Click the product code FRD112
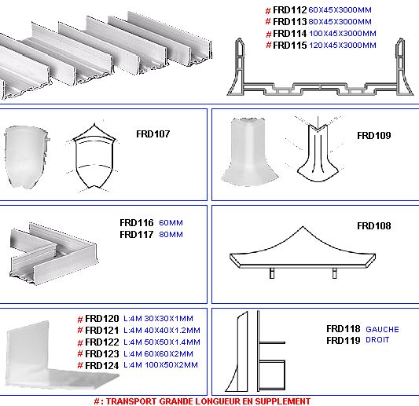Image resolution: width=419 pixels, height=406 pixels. [289, 10]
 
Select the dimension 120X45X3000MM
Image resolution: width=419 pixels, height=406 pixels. [343, 45]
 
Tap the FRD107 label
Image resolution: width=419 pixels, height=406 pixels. [153, 134]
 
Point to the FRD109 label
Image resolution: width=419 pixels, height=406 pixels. [374, 135]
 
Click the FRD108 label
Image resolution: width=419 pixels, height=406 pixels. [374, 226]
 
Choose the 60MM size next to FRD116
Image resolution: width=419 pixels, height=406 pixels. [171, 222]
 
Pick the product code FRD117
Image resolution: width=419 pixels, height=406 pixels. [137, 234]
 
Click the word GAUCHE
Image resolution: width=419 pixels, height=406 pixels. [382, 329]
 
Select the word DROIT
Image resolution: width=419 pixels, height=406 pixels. [377, 340]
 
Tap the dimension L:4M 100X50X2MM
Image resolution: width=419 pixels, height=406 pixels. [160, 365]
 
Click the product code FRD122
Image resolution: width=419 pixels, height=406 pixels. [102, 342]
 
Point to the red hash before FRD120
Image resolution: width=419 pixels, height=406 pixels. [80, 319]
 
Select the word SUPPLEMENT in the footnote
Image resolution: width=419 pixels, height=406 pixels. [282, 401]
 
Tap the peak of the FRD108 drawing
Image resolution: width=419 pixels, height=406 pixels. [303, 227]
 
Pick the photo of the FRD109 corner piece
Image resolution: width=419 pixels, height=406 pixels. [249, 152]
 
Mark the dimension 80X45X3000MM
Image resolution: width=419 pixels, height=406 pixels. [340, 22]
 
